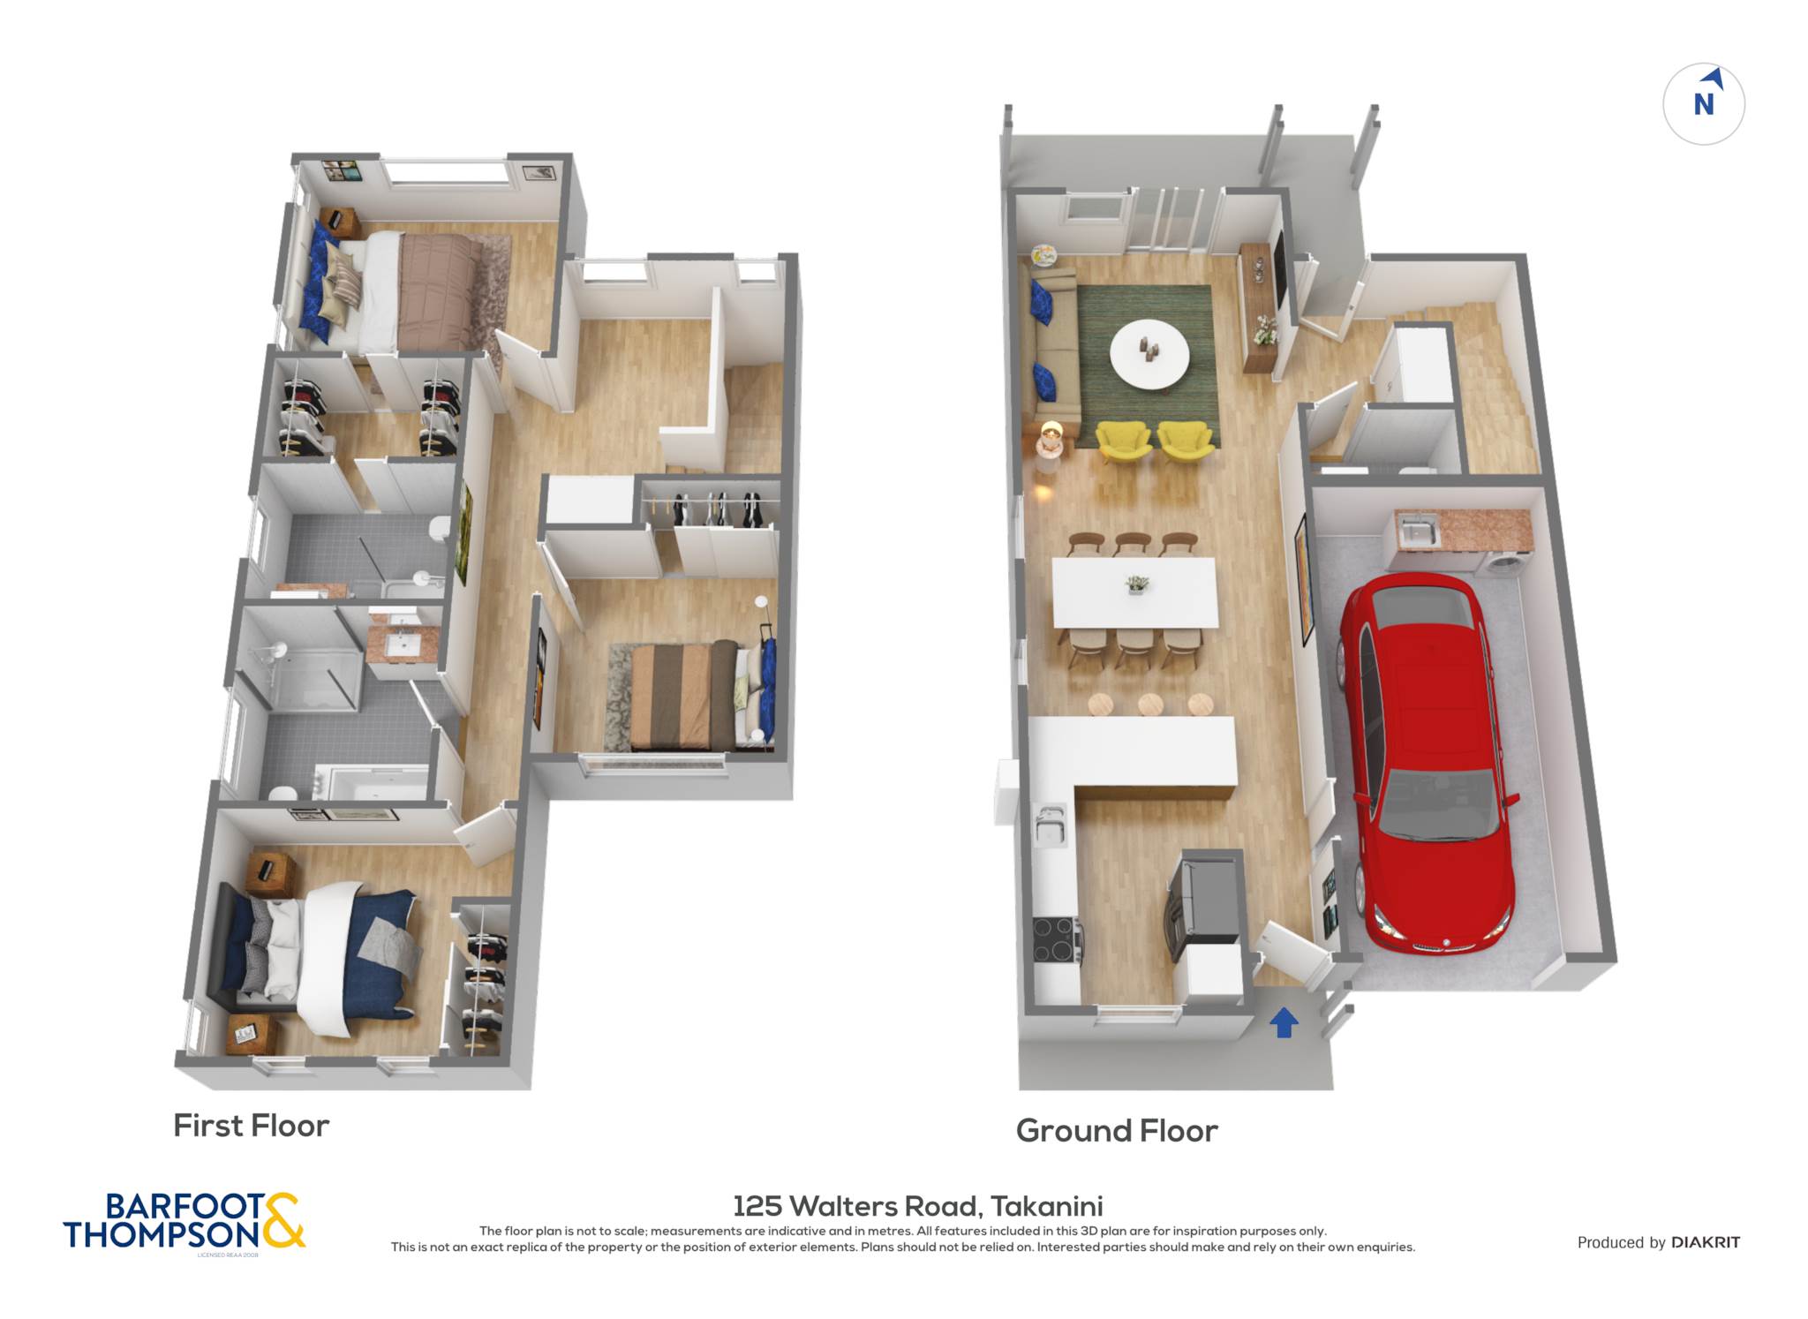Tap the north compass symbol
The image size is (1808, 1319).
(x=1704, y=104)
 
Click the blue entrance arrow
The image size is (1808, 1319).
(x=1284, y=1023)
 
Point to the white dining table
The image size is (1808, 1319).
(x=1135, y=592)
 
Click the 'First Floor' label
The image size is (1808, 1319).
(x=251, y=1126)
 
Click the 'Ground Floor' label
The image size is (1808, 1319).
(x=1117, y=1131)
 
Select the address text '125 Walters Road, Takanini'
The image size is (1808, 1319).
(x=918, y=1206)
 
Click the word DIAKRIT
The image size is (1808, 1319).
(x=1706, y=1242)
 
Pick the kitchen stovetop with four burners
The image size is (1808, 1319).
(x=1056, y=940)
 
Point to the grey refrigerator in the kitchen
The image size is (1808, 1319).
(x=1205, y=899)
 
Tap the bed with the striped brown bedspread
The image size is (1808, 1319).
(x=684, y=696)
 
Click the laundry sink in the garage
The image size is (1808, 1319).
(x=1417, y=532)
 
